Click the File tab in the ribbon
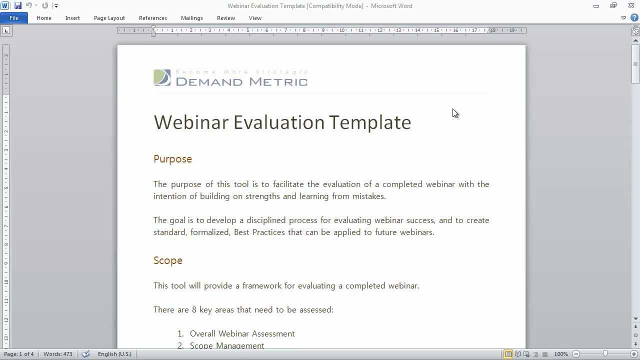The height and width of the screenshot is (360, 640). tap(14, 18)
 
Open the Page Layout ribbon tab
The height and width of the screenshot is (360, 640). tap(109, 18)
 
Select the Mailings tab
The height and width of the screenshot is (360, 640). tap(192, 18)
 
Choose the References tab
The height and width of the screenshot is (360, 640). tap(153, 18)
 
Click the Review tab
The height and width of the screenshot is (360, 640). tap(226, 18)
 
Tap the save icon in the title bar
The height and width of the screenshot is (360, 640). tap(18, 5)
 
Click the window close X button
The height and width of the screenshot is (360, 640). tap(631, 5)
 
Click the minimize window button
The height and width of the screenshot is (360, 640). tap(596, 6)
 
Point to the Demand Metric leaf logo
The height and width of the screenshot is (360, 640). tap(162, 77)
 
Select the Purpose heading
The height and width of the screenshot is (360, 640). tap(172, 159)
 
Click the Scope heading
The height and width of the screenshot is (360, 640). tap(168, 260)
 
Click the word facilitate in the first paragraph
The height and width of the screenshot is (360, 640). tap(288, 184)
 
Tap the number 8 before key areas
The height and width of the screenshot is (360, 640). tap(194, 310)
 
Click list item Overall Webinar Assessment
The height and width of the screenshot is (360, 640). tap(242, 334)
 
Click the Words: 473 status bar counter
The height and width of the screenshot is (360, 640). tap(57, 354)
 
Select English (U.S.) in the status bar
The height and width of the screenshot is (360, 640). tap(114, 354)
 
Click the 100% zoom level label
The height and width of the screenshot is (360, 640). tap(561, 354)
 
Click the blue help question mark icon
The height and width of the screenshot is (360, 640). tap(634, 18)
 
